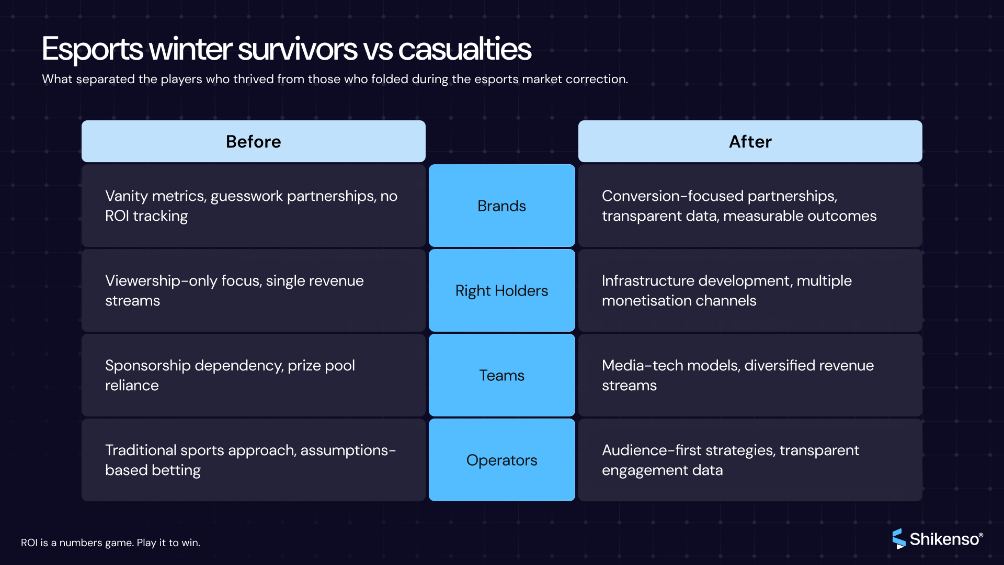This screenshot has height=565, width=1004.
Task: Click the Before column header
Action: [254, 141]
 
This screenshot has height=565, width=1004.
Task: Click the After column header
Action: [750, 141]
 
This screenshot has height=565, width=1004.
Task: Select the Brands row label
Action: [501, 206]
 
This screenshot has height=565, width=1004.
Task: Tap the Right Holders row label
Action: [501, 290]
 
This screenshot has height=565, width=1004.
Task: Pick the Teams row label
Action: [501, 375]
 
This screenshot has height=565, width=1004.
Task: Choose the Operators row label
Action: [501, 460]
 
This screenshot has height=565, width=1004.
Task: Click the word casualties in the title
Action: [464, 49]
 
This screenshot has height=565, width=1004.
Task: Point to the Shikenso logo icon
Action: [898, 538]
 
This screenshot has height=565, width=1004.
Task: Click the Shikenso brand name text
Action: [944, 539]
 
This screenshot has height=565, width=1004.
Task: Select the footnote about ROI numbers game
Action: [110, 543]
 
